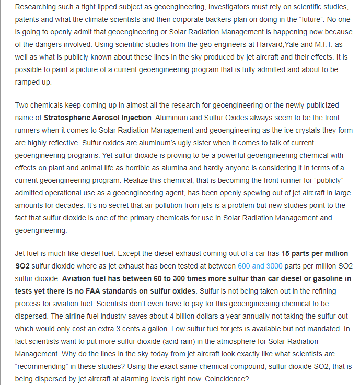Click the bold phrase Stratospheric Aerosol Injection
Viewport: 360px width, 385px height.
[x=98, y=118]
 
